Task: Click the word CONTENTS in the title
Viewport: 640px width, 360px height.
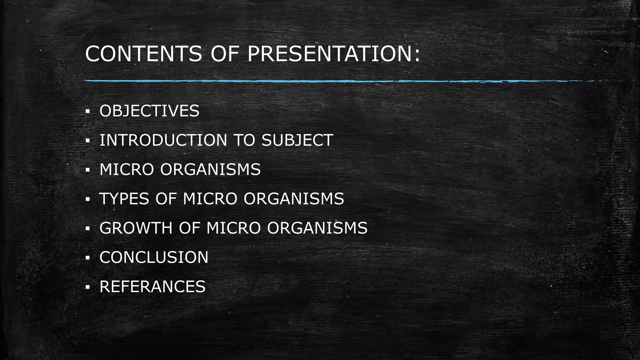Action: point(143,54)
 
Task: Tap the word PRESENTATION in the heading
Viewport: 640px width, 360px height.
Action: point(333,54)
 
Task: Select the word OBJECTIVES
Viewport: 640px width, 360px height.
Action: point(149,111)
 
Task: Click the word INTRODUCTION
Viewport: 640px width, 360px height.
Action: point(163,140)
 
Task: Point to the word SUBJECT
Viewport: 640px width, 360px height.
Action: point(297,140)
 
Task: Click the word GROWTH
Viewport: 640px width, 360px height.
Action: point(136,228)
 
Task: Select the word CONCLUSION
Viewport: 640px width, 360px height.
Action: point(154,257)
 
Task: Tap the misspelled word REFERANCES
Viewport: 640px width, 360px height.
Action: point(152,287)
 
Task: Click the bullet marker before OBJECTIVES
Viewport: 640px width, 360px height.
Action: point(87,111)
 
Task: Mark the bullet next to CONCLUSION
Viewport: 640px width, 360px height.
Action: point(87,258)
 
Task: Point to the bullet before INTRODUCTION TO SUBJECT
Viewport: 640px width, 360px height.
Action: point(87,141)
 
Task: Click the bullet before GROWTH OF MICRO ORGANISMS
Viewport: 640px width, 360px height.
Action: point(87,228)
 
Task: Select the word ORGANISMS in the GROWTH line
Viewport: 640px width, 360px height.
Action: point(317,228)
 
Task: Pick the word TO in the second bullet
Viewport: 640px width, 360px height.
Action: point(244,140)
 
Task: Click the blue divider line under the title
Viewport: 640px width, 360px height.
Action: point(312,81)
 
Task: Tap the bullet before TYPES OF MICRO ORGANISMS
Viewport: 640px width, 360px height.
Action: point(87,199)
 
